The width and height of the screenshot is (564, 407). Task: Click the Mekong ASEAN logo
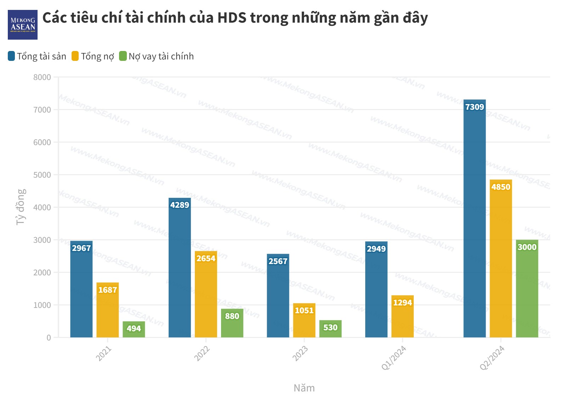(x=23, y=25)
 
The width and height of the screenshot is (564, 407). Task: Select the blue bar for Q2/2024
(x=474, y=219)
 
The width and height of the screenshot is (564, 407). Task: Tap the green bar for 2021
(x=134, y=330)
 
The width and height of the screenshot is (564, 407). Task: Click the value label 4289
(x=180, y=205)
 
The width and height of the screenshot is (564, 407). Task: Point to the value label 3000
(x=527, y=247)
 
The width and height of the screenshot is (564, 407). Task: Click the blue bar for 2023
(x=278, y=297)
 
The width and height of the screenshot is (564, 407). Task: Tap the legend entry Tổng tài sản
(x=37, y=56)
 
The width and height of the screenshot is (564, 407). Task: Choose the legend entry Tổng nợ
(x=93, y=56)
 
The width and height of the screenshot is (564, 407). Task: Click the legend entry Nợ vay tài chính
(x=157, y=56)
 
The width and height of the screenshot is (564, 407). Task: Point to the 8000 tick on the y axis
(x=42, y=77)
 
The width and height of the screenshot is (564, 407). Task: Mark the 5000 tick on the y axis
(x=42, y=175)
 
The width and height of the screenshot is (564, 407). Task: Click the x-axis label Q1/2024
(x=394, y=358)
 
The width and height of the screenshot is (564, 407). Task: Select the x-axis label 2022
(x=202, y=354)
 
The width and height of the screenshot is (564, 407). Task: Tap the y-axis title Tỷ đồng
(x=21, y=207)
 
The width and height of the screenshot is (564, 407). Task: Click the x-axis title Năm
(x=304, y=388)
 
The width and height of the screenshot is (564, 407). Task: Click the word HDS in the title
(x=232, y=18)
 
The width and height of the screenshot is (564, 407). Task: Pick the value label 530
(x=330, y=327)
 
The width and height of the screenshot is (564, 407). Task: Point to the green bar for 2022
(x=232, y=324)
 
